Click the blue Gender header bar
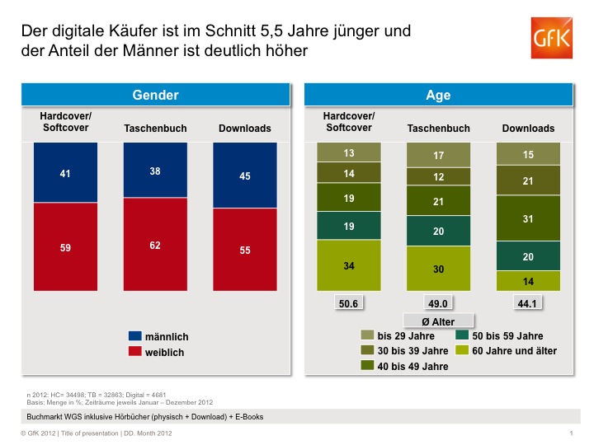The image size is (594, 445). (x=155, y=96)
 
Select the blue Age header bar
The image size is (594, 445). (x=438, y=96)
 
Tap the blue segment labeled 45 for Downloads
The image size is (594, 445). (x=244, y=176)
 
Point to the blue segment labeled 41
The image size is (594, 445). (x=65, y=173)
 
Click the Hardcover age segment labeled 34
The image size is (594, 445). (x=350, y=266)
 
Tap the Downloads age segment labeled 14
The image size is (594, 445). (x=527, y=282)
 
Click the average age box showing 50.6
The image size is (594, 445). (x=350, y=303)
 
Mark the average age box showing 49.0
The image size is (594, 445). (x=438, y=303)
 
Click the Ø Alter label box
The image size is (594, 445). (x=438, y=321)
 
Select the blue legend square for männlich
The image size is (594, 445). (x=135, y=336)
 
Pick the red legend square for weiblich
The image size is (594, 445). (x=135, y=352)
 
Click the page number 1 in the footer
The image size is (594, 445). (x=571, y=433)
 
